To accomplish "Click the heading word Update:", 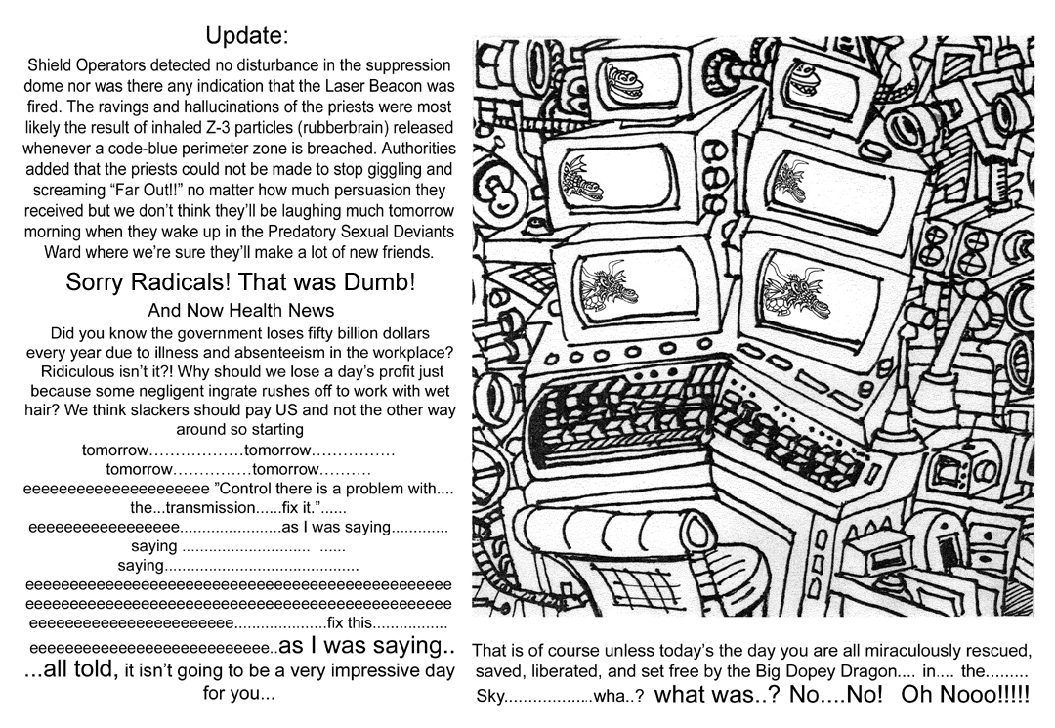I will click(245, 36).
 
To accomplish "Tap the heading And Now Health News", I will click(240, 311).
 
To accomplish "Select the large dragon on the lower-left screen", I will click(599, 286).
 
